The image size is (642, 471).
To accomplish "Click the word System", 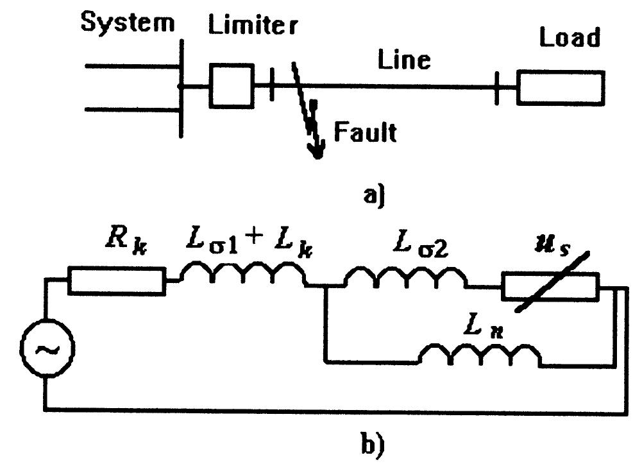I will (x=128, y=24).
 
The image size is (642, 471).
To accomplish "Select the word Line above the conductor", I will (x=403, y=60).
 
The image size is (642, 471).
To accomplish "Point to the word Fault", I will (x=365, y=133).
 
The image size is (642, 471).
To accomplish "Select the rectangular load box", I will (x=561, y=88).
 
